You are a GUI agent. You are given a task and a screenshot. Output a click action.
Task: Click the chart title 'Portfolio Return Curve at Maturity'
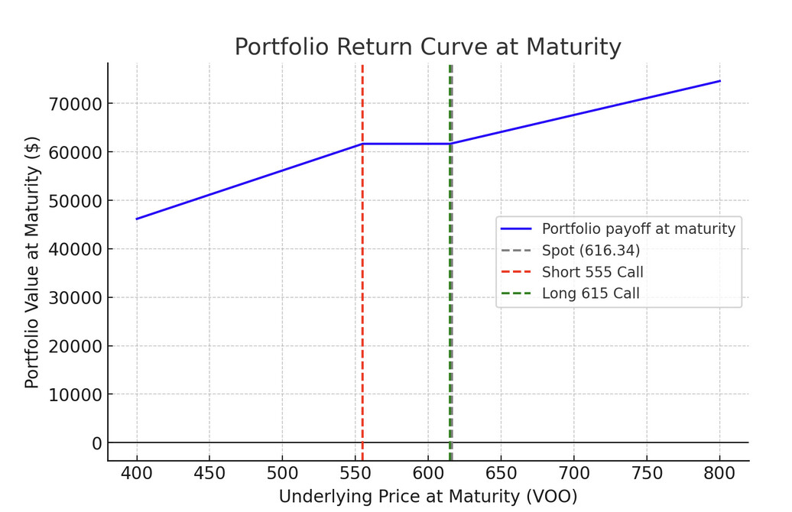(427, 47)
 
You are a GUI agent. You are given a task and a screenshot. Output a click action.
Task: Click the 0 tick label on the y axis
(96, 443)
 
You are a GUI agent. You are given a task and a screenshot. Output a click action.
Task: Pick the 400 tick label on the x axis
(137, 473)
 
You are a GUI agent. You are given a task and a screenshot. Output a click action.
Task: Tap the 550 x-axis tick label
(355, 473)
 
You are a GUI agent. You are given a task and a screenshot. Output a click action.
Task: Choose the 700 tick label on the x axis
(573, 473)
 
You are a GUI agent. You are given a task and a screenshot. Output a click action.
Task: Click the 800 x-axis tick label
(719, 473)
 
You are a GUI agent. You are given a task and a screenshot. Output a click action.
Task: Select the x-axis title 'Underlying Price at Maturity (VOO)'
(427, 497)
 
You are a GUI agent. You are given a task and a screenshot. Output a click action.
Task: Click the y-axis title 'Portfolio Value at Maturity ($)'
(32, 262)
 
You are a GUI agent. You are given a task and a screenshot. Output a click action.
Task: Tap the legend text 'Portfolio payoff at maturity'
(638, 228)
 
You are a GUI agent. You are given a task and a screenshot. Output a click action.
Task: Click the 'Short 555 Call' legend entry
(592, 272)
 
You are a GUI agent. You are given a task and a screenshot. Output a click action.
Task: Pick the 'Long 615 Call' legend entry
(590, 293)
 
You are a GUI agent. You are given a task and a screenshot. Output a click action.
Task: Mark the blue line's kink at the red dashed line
(362, 144)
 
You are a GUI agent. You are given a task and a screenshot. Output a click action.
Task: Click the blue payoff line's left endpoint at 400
(137, 219)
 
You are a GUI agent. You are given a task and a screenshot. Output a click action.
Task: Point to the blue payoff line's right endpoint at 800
(719, 80)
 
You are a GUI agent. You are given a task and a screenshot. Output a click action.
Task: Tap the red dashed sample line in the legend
(516, 272)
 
